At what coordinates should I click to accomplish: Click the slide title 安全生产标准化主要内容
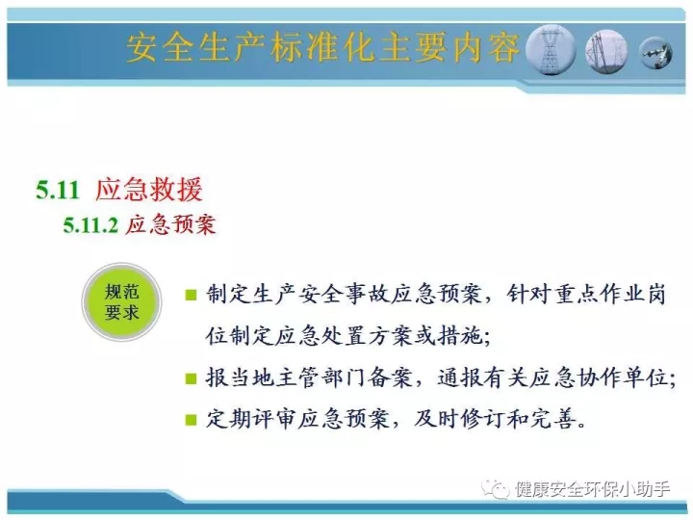pyautogui.click(x=323, y=47)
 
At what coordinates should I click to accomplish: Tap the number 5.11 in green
pyautogui.click(x=58, y=190)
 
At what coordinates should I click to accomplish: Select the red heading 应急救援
pyautogui.click(x=149, y=190)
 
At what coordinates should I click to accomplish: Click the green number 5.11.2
pyautogui.click(x=90, y=224)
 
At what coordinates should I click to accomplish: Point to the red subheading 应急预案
pyautogui.click(x=170, y=224)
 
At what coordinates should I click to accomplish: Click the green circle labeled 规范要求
pyautogui.click(x=121, y=302)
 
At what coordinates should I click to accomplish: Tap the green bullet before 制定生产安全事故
pyautogui.click(x=191, y=295)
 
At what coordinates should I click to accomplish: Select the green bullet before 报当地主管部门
pyautogui.click(x=191, y=378)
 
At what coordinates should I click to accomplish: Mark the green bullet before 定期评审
pyautogui.click(x=191, y=419)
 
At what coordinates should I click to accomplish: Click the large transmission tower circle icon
pyautogui.click(x=551, y=49)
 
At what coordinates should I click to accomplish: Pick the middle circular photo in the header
pyautogui.click(x=606, y=51)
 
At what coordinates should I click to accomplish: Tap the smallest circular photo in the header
pyautogui.click(x=655, y=53)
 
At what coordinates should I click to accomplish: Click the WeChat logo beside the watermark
pyautogui.click(x=496, y=488)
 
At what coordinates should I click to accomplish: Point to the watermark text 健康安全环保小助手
pyautogui.click(x=592, y=489)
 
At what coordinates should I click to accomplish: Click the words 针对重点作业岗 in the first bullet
pyautogui.click(x=586, y=295)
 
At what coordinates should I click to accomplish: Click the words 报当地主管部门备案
pyautogui.click(x=309, y=378)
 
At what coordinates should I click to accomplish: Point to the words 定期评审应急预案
pyautogui.click(x=297, y=419)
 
